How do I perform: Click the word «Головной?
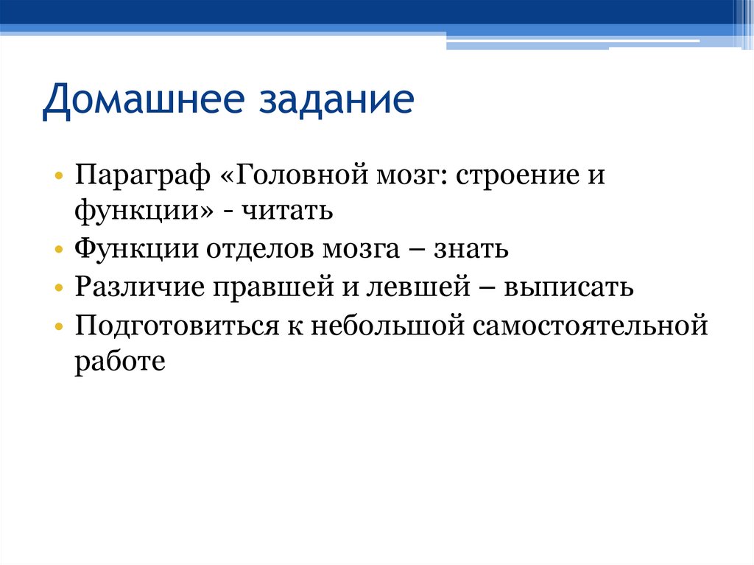pos(294,178)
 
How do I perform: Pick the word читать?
pos(289,212)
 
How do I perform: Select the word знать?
pos(468,249)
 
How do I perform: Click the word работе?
pos(118,361)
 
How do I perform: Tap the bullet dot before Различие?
pos(58,288)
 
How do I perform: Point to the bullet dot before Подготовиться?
pos(58,326)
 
